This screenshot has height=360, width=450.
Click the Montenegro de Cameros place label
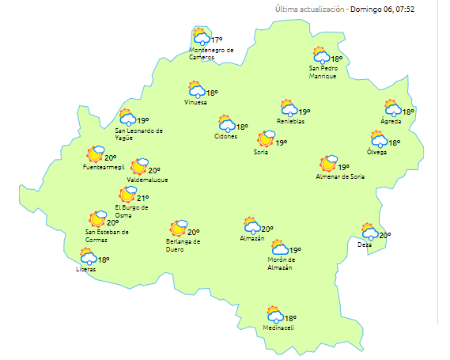(x=212, y=53)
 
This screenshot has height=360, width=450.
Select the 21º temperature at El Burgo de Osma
(x=143, y=198)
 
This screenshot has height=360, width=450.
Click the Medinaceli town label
(x=278, y=328)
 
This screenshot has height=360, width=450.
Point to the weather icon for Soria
(x=265, y=141)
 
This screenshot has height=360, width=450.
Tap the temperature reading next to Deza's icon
(x=385, y=235)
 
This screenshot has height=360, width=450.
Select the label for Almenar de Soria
(x=340, y=176)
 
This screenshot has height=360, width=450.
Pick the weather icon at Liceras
(x=88, y=256)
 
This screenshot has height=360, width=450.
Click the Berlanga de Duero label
(x=183, y=244)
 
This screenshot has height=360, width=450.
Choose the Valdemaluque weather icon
(x=139, y=166)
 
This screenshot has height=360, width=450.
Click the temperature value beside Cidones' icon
(x=242, y=127)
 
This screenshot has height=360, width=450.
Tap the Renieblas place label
(x=290, y=120)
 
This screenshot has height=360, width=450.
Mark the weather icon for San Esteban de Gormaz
(x=98, y=219)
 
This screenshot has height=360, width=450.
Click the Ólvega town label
(x=377, y=152)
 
